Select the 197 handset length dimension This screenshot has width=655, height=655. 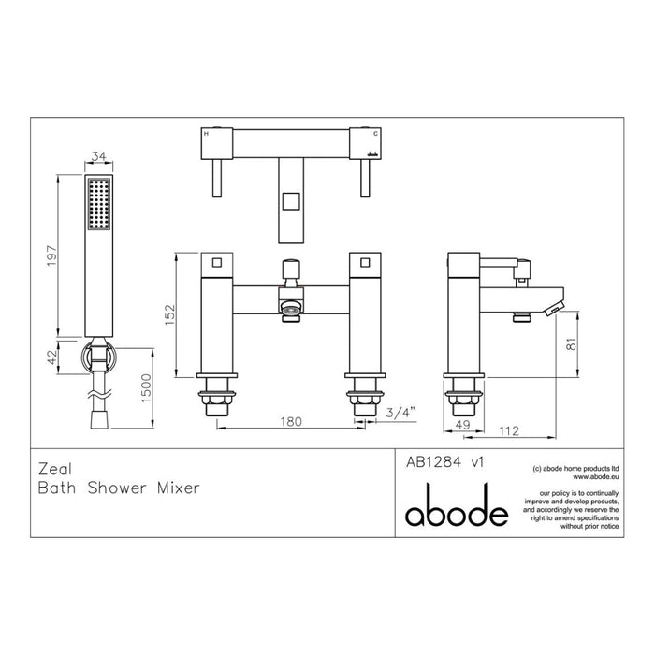pos(53,255)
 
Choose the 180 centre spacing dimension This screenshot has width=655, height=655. pos(290,422)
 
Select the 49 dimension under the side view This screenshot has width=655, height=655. pos(460,425)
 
